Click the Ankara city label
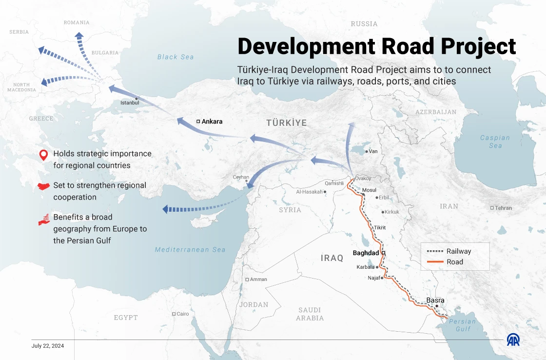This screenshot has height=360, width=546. click(212, 121)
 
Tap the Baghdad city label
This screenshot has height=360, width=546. click(366, 253)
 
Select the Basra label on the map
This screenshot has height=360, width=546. click(435, 300)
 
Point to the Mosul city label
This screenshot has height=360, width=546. click(370, 190)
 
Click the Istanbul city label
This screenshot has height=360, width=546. click(130, 103)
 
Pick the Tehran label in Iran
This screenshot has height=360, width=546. click(504, 208)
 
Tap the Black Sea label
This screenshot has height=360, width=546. click(175, 57)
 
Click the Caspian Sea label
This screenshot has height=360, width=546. click(495, 141)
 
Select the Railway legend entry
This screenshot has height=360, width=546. click(458, 252)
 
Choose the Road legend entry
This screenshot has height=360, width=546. click(454, 262)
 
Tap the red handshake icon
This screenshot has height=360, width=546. click(44, 186)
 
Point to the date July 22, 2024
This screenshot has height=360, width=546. click(48, 346)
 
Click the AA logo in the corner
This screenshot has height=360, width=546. click(513, 340)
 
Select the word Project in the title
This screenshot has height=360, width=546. click(478, 46)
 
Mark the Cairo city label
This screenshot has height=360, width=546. click(182, 314)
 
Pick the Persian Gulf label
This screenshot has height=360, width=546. click(462, 325)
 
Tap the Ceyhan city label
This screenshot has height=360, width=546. click(241, 177)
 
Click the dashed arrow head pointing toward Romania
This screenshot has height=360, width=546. click(78, 35)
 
